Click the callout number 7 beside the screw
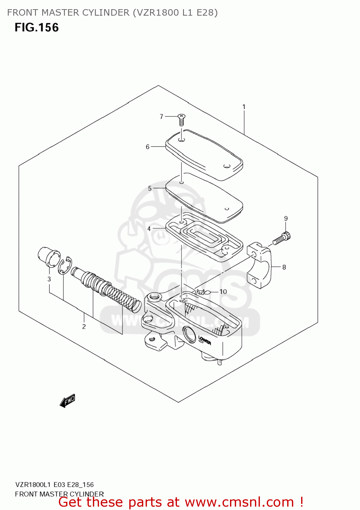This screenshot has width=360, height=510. coord(162,117)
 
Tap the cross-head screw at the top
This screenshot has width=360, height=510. coord(181,119)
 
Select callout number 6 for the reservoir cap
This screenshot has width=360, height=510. coord(148,147)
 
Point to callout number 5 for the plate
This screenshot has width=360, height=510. coord(150,188)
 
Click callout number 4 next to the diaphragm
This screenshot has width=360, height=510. coord(149,229)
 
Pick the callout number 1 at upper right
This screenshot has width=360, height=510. coord(244,107)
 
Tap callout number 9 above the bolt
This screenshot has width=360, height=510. coord(286,219)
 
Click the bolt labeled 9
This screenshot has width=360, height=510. coord(282,238)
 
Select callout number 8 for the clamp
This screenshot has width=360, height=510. coord(284,267)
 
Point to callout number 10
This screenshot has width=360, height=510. coord(223,292)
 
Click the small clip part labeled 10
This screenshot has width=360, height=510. coord(201,292)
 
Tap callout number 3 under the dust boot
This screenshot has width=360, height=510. coord(49,279)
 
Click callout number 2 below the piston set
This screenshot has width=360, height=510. coord(84,327)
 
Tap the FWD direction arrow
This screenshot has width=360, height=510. coord(67,401)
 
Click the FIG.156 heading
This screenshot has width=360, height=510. coord(37,28)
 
